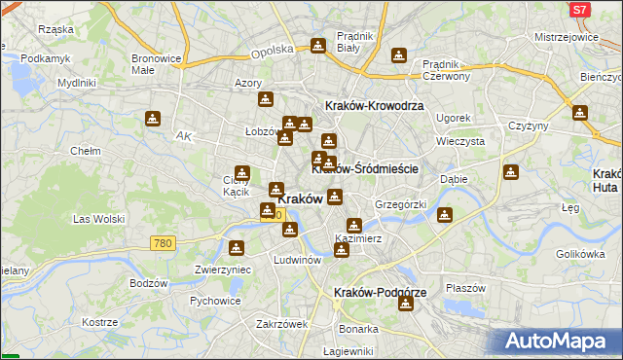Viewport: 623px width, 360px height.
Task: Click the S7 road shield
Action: [x=579, y=10]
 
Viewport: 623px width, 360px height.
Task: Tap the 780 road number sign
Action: [x=164, y=242]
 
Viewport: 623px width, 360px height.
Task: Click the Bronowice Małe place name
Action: [x=157, y=64]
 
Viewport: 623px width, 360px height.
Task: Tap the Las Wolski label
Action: [x=94, y=219]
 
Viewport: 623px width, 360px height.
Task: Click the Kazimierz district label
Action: [x=357, y=238]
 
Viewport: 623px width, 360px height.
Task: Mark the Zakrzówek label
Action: [x=281, y=324]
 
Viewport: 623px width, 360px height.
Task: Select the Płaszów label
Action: [x=465, y=288]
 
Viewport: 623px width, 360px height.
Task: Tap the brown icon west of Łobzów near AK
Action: [x=153, y=120]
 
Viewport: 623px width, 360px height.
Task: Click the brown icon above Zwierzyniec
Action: [x=235, y=249]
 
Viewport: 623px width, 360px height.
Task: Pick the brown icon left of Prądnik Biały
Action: [x=317, y=45]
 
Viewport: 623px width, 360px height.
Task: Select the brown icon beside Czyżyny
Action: [x=580, y=113]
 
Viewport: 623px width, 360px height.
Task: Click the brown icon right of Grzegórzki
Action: [x=445, y=215]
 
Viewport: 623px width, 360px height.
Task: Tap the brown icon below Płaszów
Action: [x=406, y=304]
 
